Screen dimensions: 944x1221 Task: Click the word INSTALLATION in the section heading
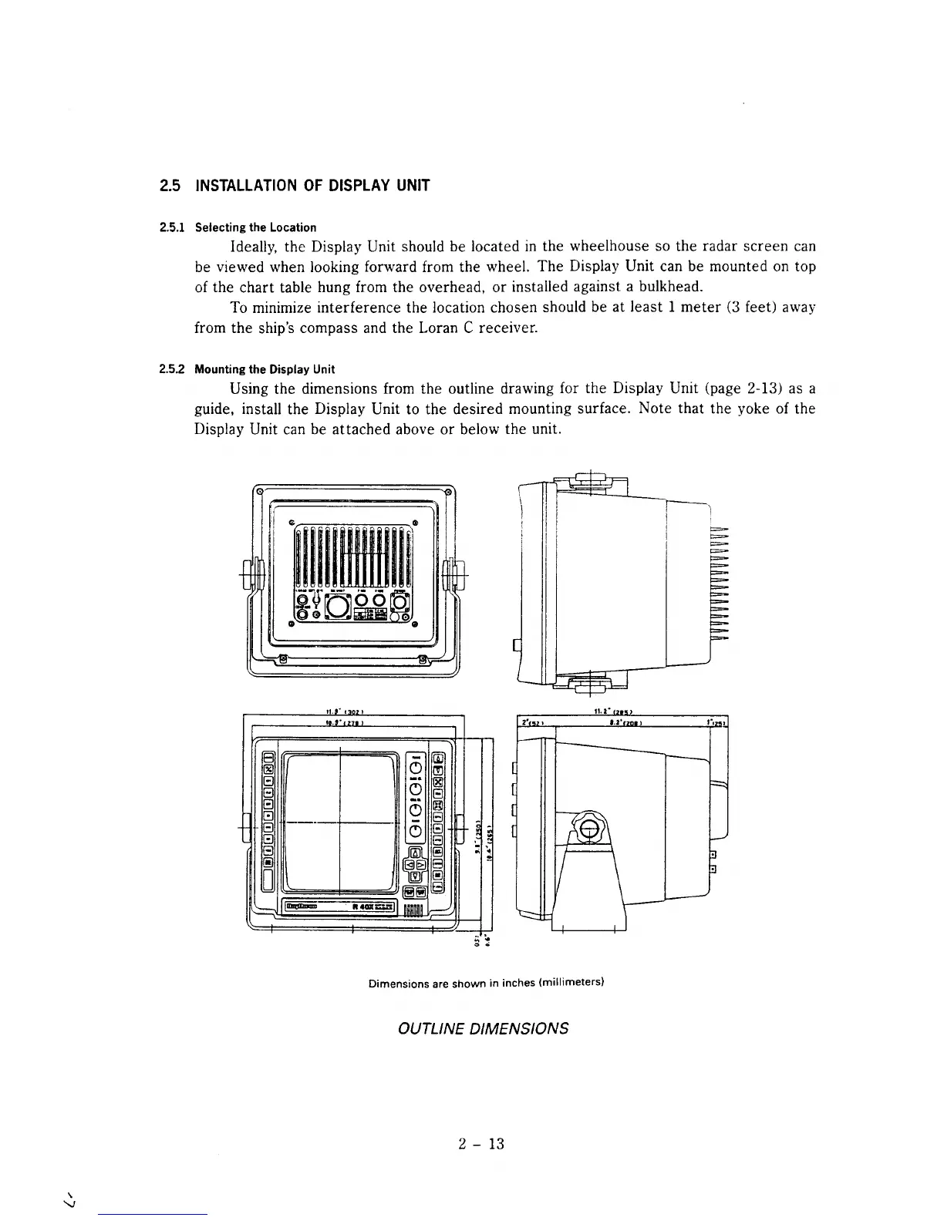coord(244,186)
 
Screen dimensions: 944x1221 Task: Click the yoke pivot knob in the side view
coord(588,829)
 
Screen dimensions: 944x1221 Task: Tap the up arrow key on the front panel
coord(415,853)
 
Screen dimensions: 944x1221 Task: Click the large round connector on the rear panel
coord(338,605)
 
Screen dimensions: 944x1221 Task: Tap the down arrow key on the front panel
coord(415,876)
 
